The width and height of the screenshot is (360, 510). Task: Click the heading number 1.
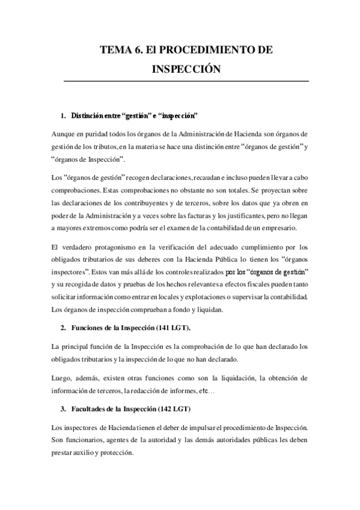63,114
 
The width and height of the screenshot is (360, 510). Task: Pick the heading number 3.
63,409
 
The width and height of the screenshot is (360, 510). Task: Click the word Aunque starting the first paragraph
66,132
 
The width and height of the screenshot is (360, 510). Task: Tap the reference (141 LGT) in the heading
170,329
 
